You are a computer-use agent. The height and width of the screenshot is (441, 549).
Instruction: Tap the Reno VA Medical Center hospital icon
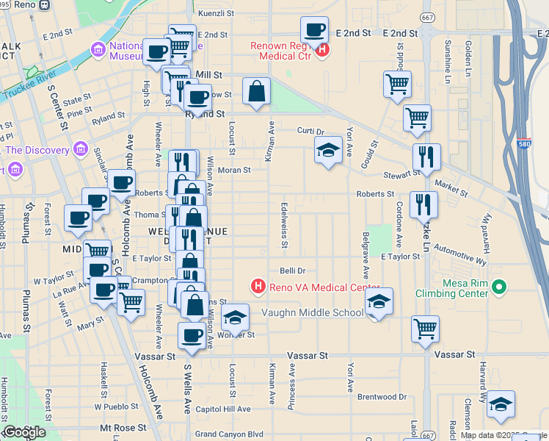258,287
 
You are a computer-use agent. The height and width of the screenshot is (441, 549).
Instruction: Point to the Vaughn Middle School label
313,313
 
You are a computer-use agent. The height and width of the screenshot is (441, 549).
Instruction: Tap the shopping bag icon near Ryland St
256,92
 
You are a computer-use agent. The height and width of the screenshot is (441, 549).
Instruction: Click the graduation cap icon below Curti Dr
328,151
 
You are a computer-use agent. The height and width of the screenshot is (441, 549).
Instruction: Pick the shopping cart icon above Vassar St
425,329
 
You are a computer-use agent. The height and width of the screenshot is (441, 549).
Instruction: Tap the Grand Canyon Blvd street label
228,434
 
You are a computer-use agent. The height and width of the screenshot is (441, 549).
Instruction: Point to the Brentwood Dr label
382,397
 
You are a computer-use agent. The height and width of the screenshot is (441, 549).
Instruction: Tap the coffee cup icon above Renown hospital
314,30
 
